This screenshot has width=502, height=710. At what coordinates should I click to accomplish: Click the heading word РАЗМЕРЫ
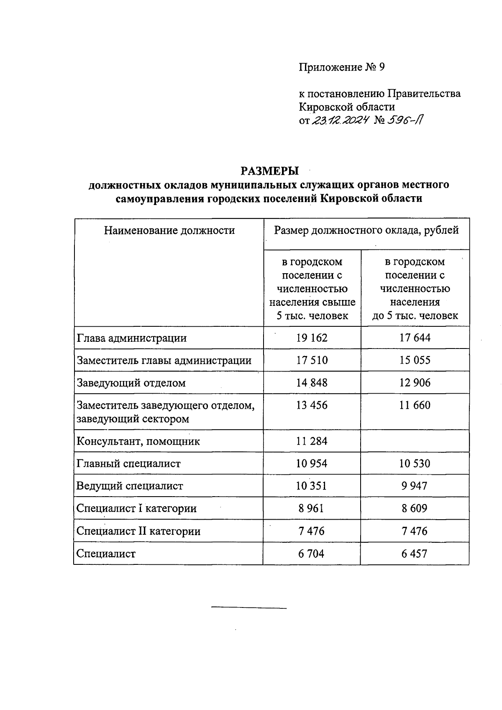pyautogui.click(x=269, y=171)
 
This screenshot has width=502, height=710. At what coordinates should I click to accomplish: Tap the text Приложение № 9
pyautogui.click(x=341, y=67)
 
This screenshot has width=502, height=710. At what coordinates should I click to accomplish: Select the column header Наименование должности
pyautogui.click(x=169, y=230)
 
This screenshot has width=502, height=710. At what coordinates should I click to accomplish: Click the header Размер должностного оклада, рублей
pyautogui.click(x=366, y=230)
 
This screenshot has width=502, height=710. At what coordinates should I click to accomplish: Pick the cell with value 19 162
pyautogui.click(x=312, y=338)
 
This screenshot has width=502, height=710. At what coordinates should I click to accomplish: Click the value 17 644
pyautogui.click(x=415, y=338)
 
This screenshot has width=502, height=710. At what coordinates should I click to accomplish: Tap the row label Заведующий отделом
pyautogui.click(x=131, y=383)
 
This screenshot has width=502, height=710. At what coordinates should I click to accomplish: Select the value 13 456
pyautogui.click(x=312, y=405)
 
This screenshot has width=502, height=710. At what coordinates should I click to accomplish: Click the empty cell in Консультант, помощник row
pyautogui.click(x=415, y=441)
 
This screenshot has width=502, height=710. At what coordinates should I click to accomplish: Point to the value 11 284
pyautogui.click(x=312, y=441)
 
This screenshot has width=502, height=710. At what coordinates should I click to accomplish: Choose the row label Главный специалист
pyautogui.click(x=128, y=464)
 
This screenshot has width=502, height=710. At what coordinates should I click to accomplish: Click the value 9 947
pyautogui.click(x=415, y=486)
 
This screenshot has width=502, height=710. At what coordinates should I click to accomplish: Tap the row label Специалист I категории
pyautogui.click(x=136, y=508)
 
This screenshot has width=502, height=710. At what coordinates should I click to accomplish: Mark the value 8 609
pyautogui.click(x=415, y=508)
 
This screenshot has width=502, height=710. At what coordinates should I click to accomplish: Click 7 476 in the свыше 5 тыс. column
pyautogui.click(x=312, y=531)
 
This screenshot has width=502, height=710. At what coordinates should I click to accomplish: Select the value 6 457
pyautogui.click(x=415, y=554)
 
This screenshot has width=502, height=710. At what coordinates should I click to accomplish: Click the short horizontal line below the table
pyautogui.click(x=249, y=607)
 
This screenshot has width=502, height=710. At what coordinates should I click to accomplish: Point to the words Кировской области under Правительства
pyautogui.click(x=347, y=107)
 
